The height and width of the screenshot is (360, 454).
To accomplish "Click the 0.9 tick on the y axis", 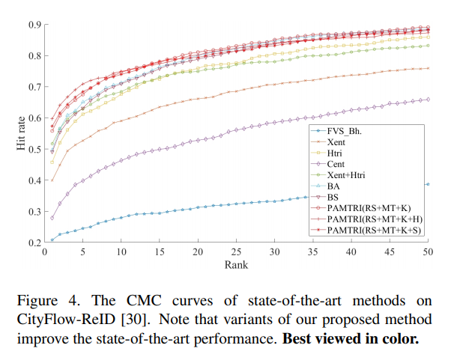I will pos(34,25).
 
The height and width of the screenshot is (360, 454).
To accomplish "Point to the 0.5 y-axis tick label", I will pos(34,150).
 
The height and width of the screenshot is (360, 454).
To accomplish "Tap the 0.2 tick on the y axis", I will pos(34,243).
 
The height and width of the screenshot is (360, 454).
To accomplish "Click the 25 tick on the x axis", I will pos(236,253).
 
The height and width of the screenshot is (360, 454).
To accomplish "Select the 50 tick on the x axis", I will pos(428,253).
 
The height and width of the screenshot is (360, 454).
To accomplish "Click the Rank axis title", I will pos(236,264).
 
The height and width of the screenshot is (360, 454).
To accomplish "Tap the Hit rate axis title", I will pos(22,133).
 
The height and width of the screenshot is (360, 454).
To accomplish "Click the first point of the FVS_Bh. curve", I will pos(52,240).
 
